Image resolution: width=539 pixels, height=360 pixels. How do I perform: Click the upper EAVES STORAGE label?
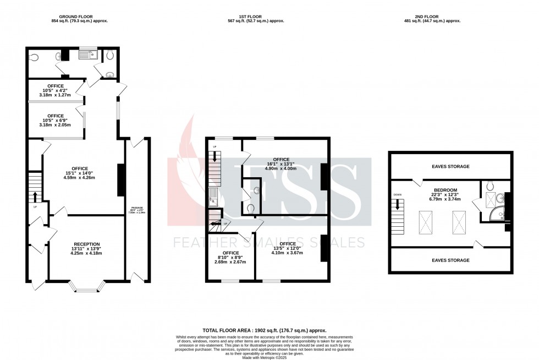450,166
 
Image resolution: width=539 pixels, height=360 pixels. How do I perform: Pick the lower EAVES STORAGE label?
450,260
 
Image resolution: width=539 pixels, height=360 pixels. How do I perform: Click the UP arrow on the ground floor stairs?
35,197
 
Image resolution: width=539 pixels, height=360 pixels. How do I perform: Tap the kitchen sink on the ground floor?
87,54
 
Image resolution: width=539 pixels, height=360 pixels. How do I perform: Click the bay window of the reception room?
86,285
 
